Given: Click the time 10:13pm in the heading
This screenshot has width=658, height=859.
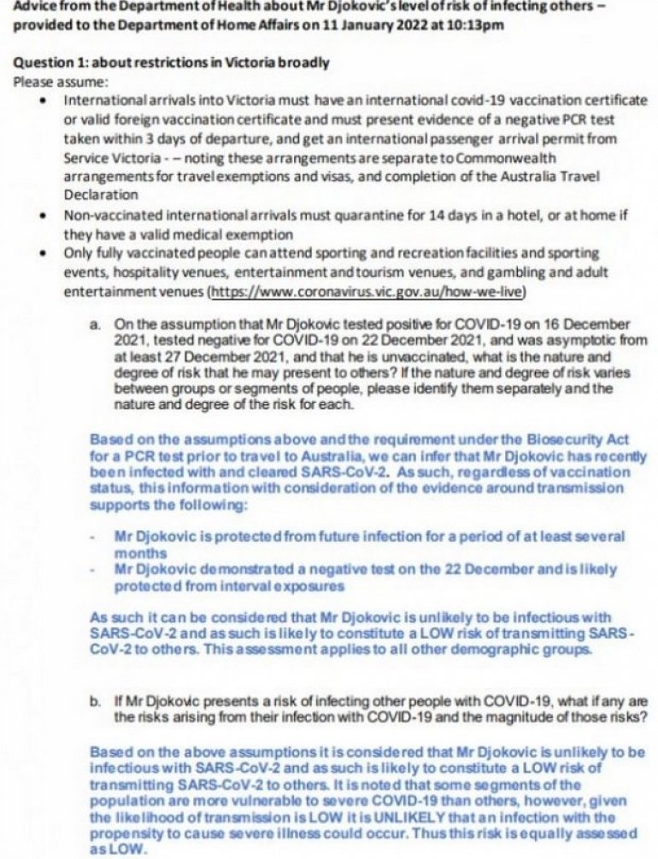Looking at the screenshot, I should point(473,26).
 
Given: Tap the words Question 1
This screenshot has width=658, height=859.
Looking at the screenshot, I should point(53,64).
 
